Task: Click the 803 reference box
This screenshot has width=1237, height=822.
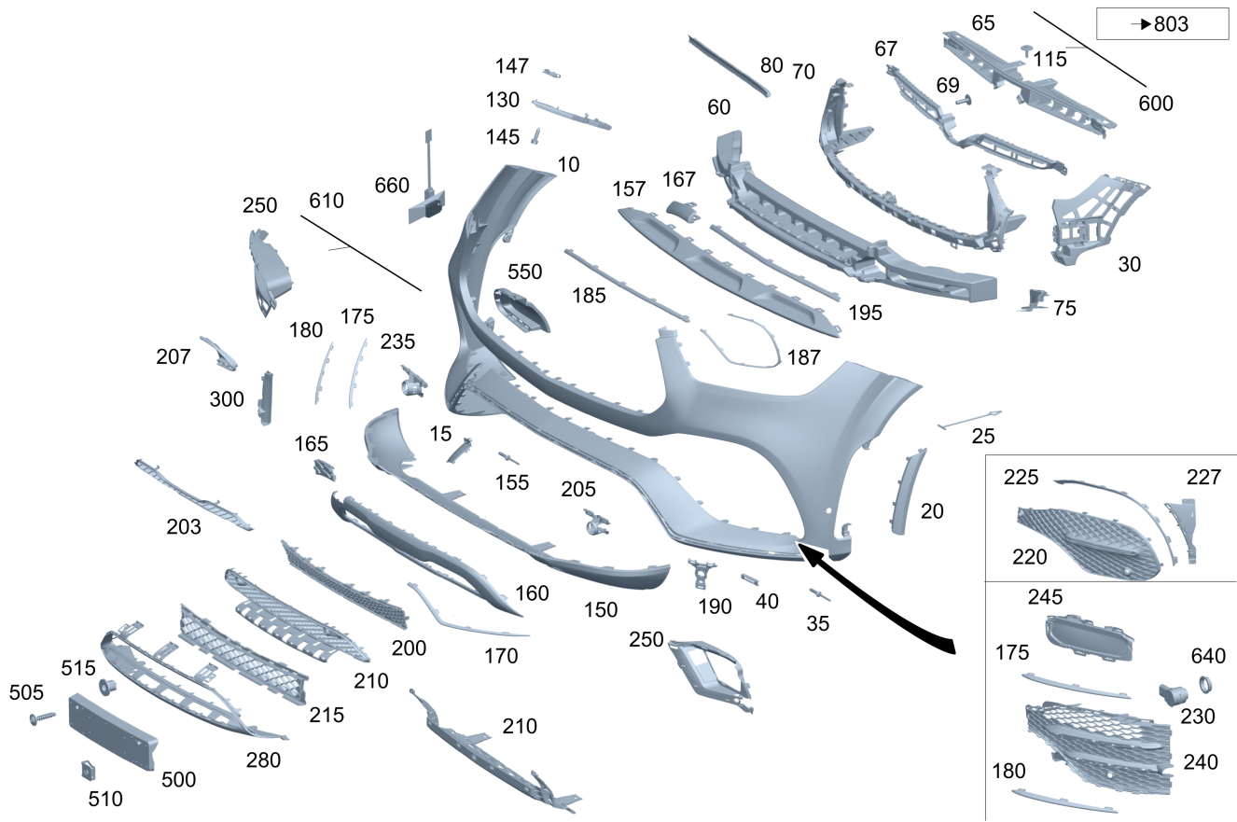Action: [x=1161, y=23]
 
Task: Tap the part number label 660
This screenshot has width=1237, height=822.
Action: [x=392, y=185]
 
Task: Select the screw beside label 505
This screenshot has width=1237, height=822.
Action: [x=43, y=718]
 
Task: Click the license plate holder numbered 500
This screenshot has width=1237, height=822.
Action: [x=113, y=731]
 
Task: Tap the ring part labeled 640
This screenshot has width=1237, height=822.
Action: [x=1205, y=685]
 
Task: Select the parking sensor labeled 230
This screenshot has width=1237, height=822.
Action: [x=1173, y=694]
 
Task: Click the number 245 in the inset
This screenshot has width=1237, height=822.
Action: [x=1045, y=596]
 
